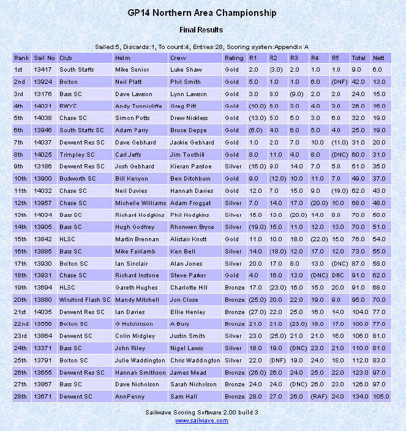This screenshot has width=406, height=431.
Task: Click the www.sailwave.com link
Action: tap(202, 421)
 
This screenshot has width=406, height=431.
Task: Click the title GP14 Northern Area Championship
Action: tap(202, 13)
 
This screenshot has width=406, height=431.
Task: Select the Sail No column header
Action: tap(44, 58)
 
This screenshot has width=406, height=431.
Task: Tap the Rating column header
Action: tap(234, 58)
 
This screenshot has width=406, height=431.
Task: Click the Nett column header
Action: tap(378, 58)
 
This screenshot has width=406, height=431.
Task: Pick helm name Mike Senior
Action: tap(132, 70)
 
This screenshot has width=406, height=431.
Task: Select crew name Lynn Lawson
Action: tap(189, 94)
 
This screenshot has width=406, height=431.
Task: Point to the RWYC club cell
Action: tap(68, 105)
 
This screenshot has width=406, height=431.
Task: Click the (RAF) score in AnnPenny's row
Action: tap(318, 396)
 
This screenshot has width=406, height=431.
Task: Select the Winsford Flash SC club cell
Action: tap(85, 300)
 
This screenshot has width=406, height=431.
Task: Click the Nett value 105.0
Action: tap(381, 396)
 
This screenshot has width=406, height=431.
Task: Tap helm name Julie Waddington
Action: tap(140, 359)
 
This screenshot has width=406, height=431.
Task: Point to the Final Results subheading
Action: tap(201, 29)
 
